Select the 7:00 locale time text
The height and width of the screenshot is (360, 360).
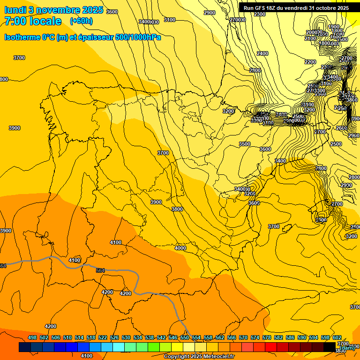coord(33,21)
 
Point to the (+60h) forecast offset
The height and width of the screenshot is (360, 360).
coord(81,21)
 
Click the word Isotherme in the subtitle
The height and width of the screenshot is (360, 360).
coord(22,37)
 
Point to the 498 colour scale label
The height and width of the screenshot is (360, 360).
coord(32,337)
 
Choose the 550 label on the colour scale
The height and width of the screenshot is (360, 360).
coord(185,337)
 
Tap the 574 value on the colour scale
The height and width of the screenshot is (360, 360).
coord(255,337)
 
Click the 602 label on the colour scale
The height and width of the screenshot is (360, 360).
coord(337,337)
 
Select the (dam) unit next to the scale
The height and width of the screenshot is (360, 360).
coord(347,347)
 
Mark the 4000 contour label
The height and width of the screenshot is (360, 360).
coord(180,248)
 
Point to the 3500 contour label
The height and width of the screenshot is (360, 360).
coord(245,144)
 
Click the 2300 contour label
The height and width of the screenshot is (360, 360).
coord(259,14)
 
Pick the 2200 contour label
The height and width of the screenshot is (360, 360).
coord(310,62)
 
